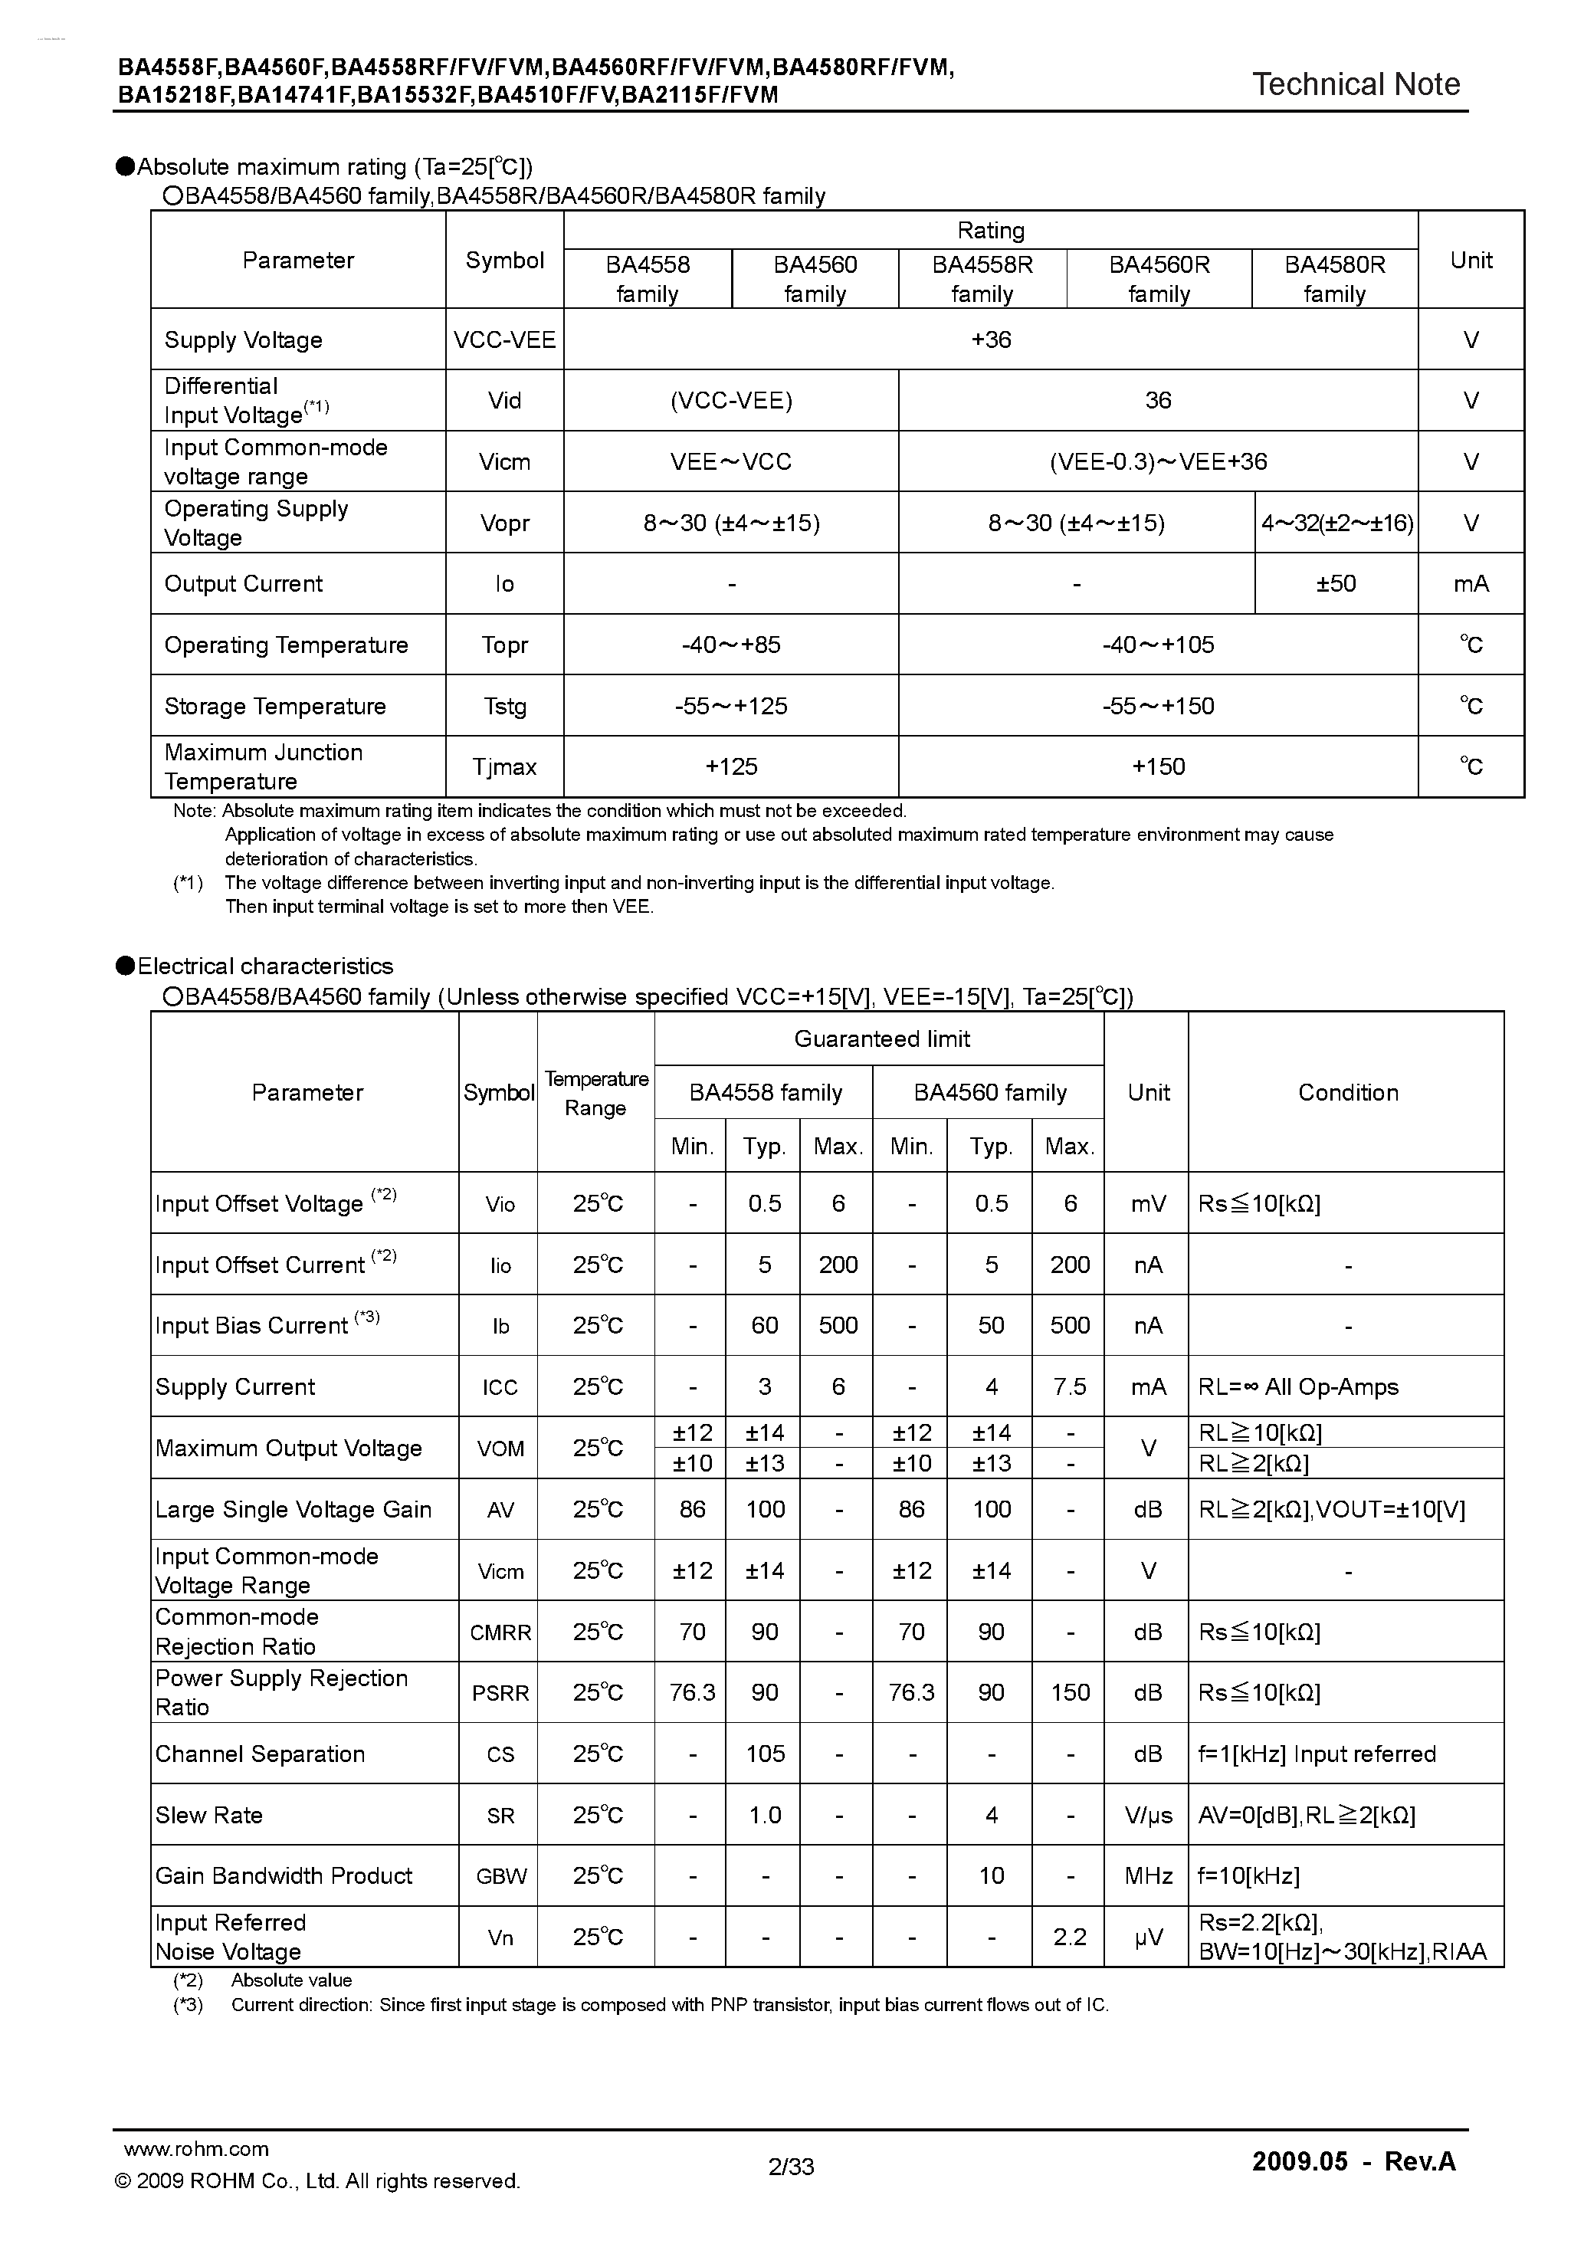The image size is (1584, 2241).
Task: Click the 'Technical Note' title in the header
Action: [1356, 85]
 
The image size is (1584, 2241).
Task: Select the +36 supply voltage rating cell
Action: [991, 340]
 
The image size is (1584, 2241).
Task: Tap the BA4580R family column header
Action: [1334, 279]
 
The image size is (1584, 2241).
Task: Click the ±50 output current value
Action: [1335, 584]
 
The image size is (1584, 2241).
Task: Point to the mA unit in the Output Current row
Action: [1471, 584]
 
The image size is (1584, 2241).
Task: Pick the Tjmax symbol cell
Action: [504, 767]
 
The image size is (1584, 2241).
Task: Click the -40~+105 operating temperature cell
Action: [1157, 645]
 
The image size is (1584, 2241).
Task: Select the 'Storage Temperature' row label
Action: [275, 707]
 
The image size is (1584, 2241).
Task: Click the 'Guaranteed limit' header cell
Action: [881, 1038]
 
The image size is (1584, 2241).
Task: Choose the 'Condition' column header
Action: [1347, 1092]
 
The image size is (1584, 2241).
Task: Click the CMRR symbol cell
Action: [500, 1632]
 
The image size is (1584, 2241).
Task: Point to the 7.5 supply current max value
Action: [1070, 1387]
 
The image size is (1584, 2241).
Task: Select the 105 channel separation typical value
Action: [765, 1754]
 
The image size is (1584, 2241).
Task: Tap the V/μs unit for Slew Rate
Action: [1149, 1816]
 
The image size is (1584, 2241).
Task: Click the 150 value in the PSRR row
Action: [1070, 1692]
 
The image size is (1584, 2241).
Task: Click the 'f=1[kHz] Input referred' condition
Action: [1317, 1754]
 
